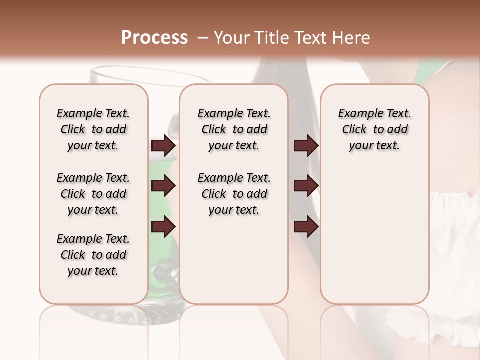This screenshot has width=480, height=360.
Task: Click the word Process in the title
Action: tap(154, 38)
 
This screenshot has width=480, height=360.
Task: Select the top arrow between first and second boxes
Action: tap(163, 145)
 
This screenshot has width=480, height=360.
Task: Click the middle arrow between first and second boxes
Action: tap(163, 186)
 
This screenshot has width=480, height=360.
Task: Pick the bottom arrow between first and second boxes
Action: tap(163, 227)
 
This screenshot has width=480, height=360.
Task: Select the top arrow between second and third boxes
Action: tap(306, 145)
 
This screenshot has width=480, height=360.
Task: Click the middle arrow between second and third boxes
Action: tap(306, 186)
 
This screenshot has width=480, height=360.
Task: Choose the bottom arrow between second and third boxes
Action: tap(306, 227)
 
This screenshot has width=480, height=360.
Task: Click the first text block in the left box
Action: tap(93, 129)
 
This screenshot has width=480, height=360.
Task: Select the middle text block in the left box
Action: tap(93, 194)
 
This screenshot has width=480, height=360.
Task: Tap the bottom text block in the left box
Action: tap(93, 255)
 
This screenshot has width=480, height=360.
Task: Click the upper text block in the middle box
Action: tap(234, 129)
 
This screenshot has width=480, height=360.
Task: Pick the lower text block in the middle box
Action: tap(234, 194)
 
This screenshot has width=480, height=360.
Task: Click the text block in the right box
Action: tap(375, 129)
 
